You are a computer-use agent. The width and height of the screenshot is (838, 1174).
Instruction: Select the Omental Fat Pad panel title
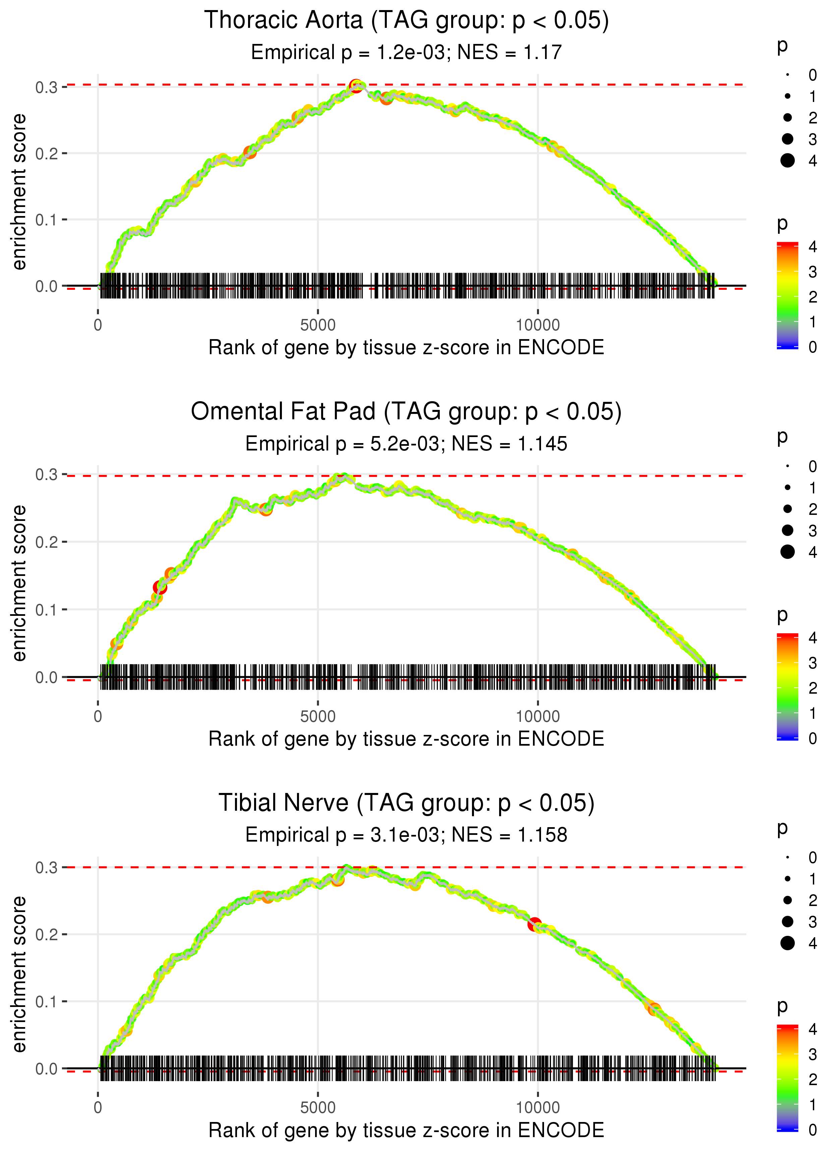pos(406,412)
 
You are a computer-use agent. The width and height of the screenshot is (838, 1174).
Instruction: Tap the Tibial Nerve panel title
pos(406,803)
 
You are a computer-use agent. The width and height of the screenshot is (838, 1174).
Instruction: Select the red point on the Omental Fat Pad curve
pos(160,588)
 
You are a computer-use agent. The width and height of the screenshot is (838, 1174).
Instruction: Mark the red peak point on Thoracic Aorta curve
pos(356,86)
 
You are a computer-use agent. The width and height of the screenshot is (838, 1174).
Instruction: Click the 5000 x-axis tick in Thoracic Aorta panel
pos(318,325)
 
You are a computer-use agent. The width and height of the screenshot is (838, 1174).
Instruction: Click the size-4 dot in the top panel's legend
pos(787,161)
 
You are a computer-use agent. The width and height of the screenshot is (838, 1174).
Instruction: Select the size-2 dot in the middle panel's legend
pos(787,509)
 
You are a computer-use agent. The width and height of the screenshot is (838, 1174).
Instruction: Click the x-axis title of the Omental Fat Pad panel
pos(406,739)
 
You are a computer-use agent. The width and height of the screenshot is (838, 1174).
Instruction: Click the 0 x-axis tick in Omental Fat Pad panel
pos(98,716)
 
